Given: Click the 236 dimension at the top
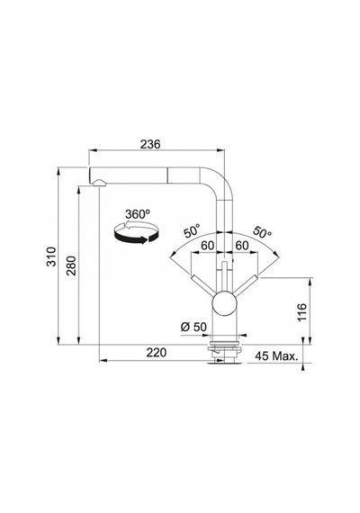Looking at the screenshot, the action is pyautogui.click(x=150, y=144).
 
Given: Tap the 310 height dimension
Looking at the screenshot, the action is pyautogui.click(x=51, y=256).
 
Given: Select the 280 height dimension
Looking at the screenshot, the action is pyautogui.click(x=71, y=265).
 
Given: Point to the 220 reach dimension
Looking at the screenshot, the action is pyautogui.click(x=156, y=353).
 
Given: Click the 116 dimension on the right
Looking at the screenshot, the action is pyautogui.click(x=302, y=312).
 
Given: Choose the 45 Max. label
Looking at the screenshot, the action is pyautogui.click(x=277, y=356).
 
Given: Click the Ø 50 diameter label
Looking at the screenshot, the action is pyautogui.click(x=193, y=327).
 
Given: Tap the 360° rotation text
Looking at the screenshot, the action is pyautogui.click(x=138, y=214).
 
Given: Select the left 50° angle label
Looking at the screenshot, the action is pyautogui.click(x=192, y=230).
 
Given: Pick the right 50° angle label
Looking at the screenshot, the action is pyautogui.click(x=262, y=231).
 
